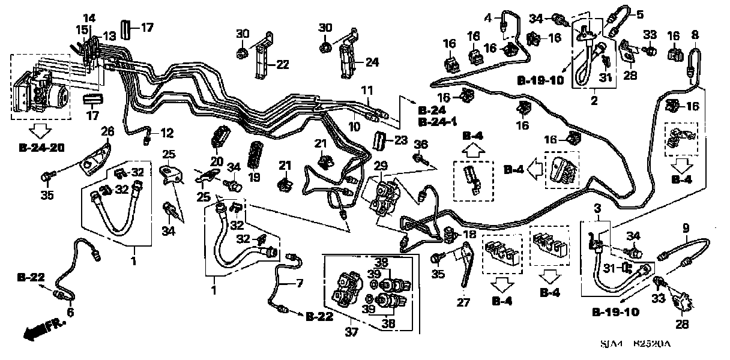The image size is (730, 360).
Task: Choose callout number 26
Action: click(x=107, y=131)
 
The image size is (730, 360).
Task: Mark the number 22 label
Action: click(x=282, y=64)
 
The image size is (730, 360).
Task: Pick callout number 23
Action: click(x=401, y=139)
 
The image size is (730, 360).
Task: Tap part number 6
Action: click(x=70, y=313)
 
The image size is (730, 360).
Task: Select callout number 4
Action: click(x=488, y=17)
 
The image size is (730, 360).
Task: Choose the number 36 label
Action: click(x=423, y=145)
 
